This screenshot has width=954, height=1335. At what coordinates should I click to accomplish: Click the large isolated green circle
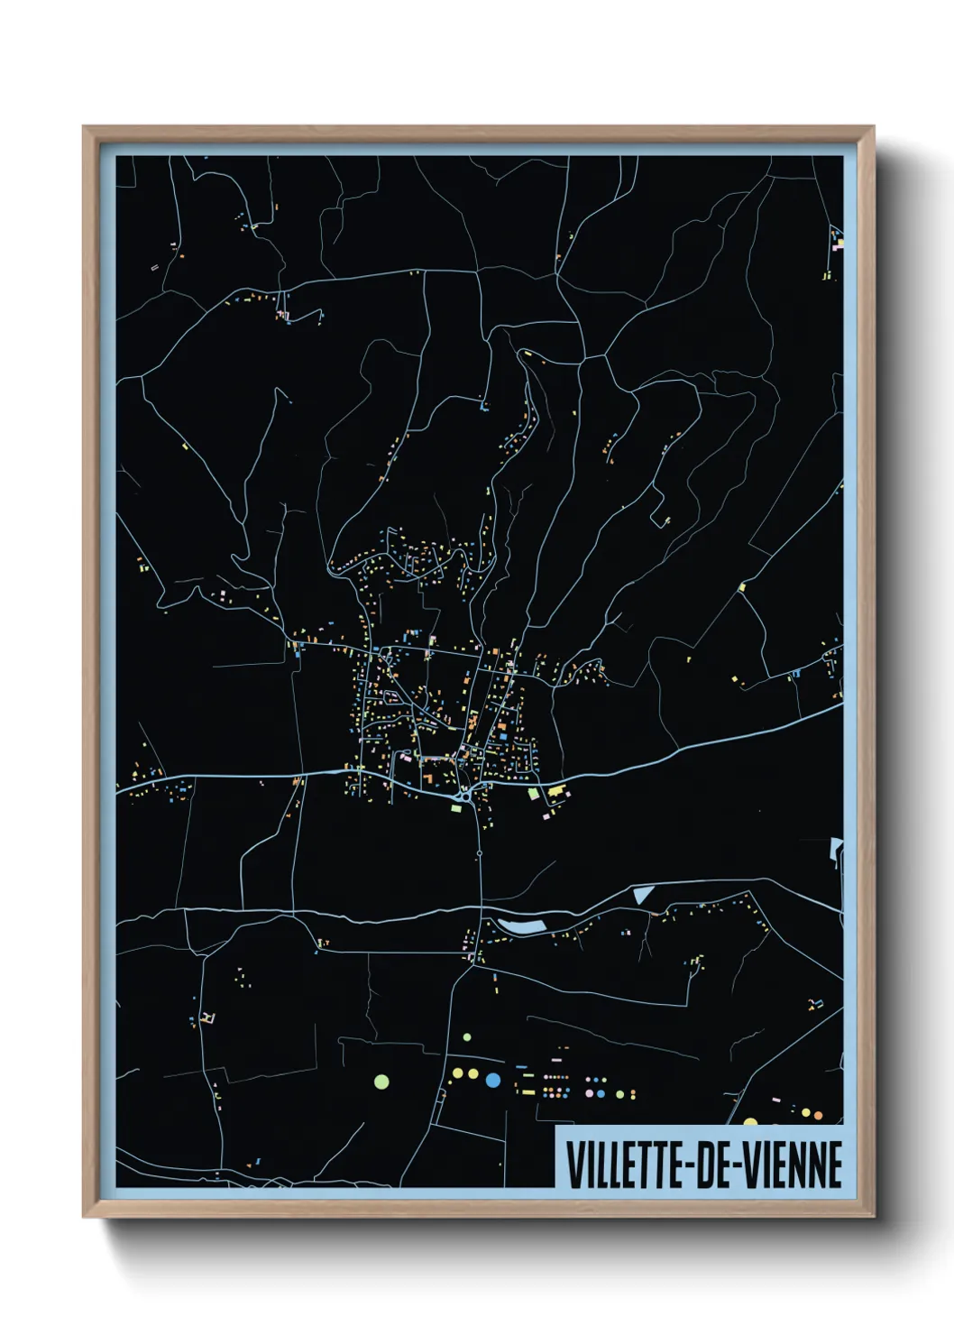[381, 1081]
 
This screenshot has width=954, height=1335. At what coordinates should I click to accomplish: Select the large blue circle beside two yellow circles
[492, 1079]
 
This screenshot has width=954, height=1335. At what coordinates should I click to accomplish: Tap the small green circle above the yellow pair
[467, 1037]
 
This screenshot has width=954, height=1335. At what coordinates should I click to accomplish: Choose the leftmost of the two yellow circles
[457, 1073]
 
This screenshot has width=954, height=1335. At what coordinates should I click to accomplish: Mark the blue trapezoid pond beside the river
[643, 894]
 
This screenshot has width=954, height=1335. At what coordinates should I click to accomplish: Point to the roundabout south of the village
[464, 795]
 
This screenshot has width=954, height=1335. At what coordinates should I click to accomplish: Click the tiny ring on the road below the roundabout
[480, 852]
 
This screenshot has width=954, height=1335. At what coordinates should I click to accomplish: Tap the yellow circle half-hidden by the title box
[750, 1122]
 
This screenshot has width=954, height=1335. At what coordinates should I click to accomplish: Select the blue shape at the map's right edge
[836, 849]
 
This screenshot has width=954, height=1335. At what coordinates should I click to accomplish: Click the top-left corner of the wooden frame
[84, 127]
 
